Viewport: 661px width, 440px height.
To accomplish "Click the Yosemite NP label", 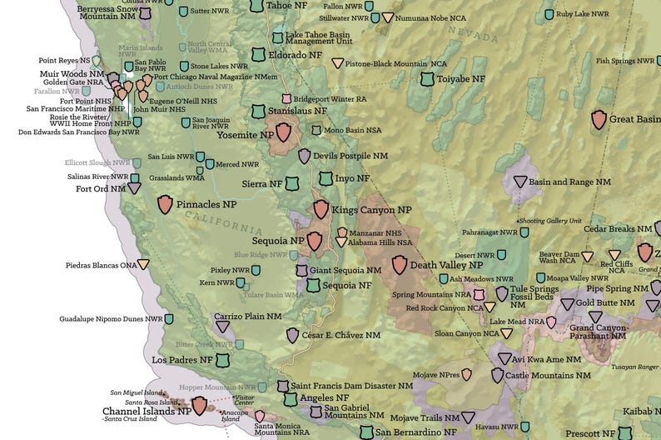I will (x=245, y=134).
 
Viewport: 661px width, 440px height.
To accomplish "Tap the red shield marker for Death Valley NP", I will (x=400, y=265).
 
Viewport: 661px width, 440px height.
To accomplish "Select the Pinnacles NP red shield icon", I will (x=165, y=203).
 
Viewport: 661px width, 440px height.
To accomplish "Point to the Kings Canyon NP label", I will (x=371, y=210).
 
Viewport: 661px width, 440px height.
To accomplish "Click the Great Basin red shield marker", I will (x=599, y=119).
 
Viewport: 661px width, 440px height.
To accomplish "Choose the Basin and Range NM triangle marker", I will (x=520, y=182).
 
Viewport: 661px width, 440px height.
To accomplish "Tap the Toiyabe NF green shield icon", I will (x=427, y=79).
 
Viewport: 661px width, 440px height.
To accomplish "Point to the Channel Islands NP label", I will (x=147, y=411).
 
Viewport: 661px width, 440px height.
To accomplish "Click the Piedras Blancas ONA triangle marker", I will (x=144, y=265).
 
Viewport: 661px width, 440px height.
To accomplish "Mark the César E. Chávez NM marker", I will (x=292, y=335).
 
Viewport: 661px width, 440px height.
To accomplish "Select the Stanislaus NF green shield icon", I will (x=258, y=111).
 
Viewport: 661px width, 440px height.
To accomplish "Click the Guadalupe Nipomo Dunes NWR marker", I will (x=169, y=318).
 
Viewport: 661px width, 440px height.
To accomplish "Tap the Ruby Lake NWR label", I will (x=583, y=14).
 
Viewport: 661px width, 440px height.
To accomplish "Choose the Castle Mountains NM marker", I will (x=498, y=376).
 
